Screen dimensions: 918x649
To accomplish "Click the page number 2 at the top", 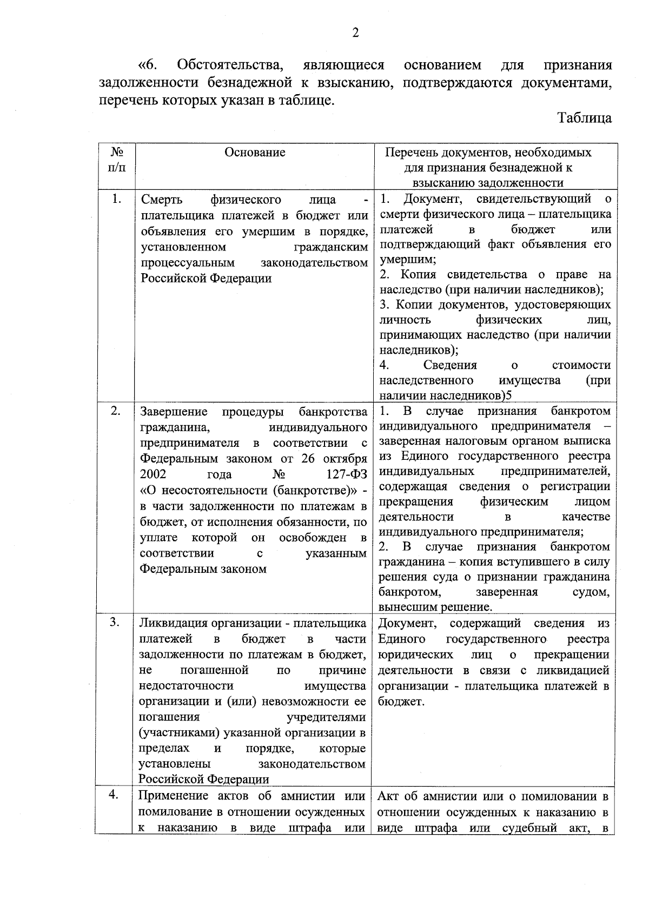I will (355, 34).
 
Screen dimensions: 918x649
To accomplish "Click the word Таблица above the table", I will (585, 118).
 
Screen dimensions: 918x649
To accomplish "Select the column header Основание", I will (255, 153).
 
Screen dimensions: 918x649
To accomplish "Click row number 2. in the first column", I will (116, 411).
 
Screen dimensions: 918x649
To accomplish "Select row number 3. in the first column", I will (115, 622).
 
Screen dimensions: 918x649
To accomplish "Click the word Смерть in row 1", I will (161, 200).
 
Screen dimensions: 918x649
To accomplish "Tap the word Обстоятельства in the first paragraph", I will (230, 65).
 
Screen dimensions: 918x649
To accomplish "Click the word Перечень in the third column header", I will (410, 153).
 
